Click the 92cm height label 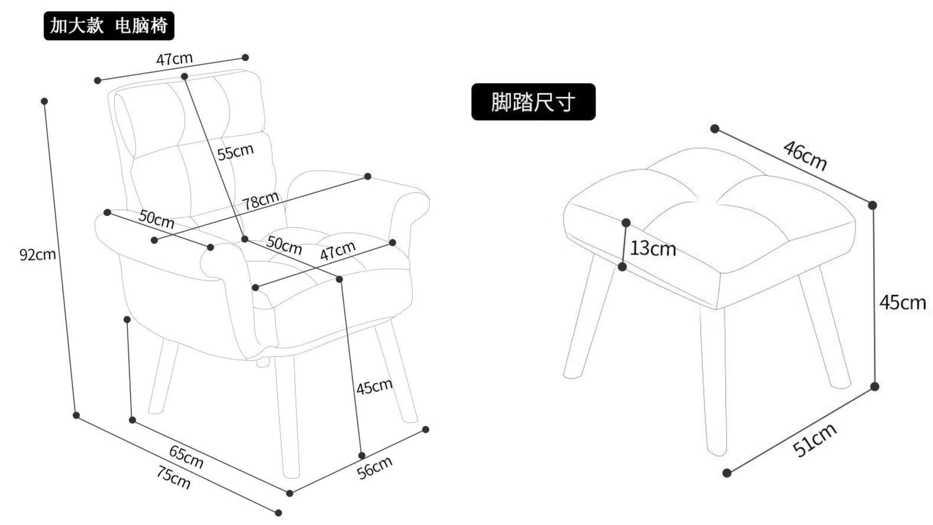(x=37, y=254)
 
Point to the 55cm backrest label (x=235, y=152)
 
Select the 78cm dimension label (x=260, y=200)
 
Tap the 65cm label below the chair (x=186, y=456)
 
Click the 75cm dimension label (x=173, y=477)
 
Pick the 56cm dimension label (x=375, y=467)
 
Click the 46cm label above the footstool (x=805, y=155)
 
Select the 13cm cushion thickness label (x=653, y=248)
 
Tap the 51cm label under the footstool (x=815, y=440)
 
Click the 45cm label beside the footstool (x=902, y=303)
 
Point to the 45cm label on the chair (x=374, y=386)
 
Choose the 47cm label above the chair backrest (x=175, y=59)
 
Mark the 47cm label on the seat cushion (x=338, y=250)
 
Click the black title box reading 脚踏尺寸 (x=533, y=102)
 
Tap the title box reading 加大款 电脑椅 (x=109, y=26)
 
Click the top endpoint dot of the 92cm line (x=44, y=101)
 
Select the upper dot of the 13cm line (x=626, y=222)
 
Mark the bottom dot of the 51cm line (x=727, y=473)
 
